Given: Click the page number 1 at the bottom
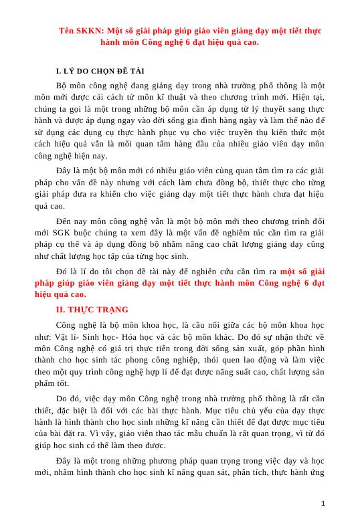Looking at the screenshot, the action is coord(323,503).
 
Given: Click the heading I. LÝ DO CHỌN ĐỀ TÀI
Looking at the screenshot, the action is coord(100,71).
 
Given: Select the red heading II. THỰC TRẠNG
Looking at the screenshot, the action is coord(92,310).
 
